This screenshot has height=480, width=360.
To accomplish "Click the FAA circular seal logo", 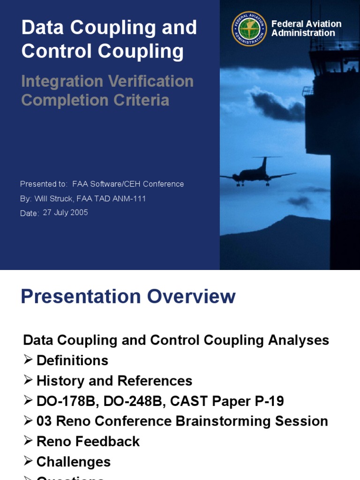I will point(249,29).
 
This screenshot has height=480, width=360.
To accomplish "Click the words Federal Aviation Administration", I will point(306,29).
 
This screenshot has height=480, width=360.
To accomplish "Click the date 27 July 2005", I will point(65,212).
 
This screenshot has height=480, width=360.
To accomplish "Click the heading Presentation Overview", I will point(128,297).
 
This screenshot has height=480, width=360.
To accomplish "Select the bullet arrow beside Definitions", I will point(28,360).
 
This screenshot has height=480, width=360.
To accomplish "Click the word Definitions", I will point(72,360).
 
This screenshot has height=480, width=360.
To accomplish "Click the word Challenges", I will point(73,462).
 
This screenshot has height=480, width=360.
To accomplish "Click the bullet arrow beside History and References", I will point(28,380).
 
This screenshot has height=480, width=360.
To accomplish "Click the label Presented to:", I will point(44,184).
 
